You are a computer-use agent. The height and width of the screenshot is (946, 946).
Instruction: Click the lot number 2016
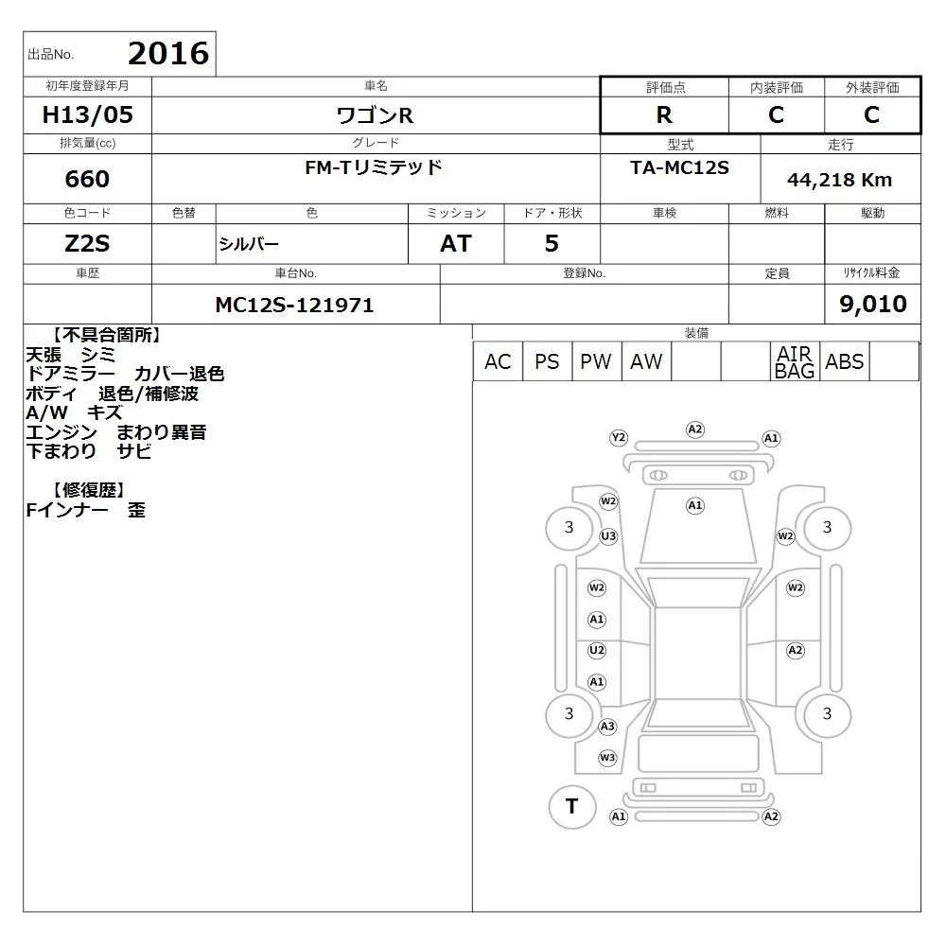(168, 54)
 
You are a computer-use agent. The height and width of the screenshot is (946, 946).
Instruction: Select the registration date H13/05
(87, 114)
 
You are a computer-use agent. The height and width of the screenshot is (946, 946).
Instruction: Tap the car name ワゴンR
(375, 115)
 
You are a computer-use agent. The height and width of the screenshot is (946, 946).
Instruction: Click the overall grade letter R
(664, 114)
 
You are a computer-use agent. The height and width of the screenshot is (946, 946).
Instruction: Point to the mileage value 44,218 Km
(839, 180)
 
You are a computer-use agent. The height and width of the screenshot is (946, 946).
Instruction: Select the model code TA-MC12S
(679, 167)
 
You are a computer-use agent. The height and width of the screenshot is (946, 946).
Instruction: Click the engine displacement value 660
(87, 179)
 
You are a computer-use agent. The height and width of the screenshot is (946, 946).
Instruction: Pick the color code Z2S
(87, 244)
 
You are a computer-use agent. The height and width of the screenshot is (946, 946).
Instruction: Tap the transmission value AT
(456, 244)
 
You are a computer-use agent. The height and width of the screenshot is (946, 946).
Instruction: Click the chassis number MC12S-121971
(294, 306)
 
